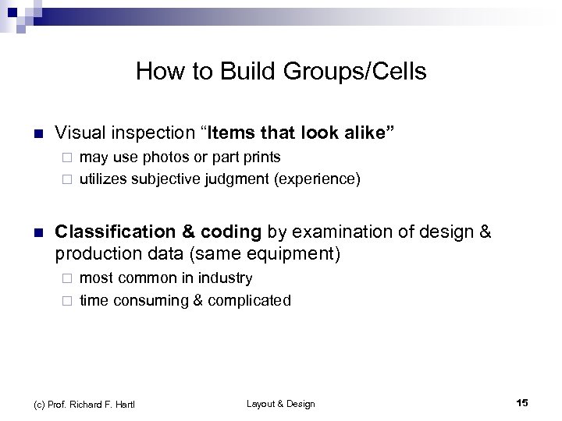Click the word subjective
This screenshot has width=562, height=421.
coord(175,179)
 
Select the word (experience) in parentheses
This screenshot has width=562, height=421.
coord(315,179)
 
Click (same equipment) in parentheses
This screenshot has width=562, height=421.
coord(273,253)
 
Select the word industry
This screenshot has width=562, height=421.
coord(225,278)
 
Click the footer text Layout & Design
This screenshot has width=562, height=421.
coord(280,403)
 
